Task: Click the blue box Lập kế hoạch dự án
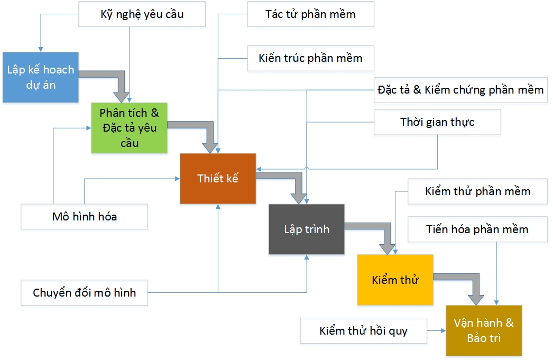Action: tap(41, 77)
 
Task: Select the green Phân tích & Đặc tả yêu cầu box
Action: tap(129, 128)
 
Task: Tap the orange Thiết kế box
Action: tap(218, 178)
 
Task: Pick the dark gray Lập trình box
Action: tap(307, 229)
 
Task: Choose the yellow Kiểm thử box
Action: tap(395, 280)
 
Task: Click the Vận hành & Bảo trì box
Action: tap(483, 330)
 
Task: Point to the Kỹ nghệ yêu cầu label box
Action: tap(142, 14)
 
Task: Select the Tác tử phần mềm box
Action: tap(310, 14)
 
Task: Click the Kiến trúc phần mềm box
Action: tap(310, 58)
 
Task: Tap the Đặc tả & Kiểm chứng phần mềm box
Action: tap(460, 89)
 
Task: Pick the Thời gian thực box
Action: tap(437, 122)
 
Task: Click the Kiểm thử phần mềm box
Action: tap(477, 191)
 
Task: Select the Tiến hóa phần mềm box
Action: tap(477, 229)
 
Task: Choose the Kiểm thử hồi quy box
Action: tap(364, 331)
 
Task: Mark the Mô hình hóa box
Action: tap(85, 217)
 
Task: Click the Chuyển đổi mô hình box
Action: tap(85, 292)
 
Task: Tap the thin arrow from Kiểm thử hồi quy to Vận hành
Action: tap(436, 331)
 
